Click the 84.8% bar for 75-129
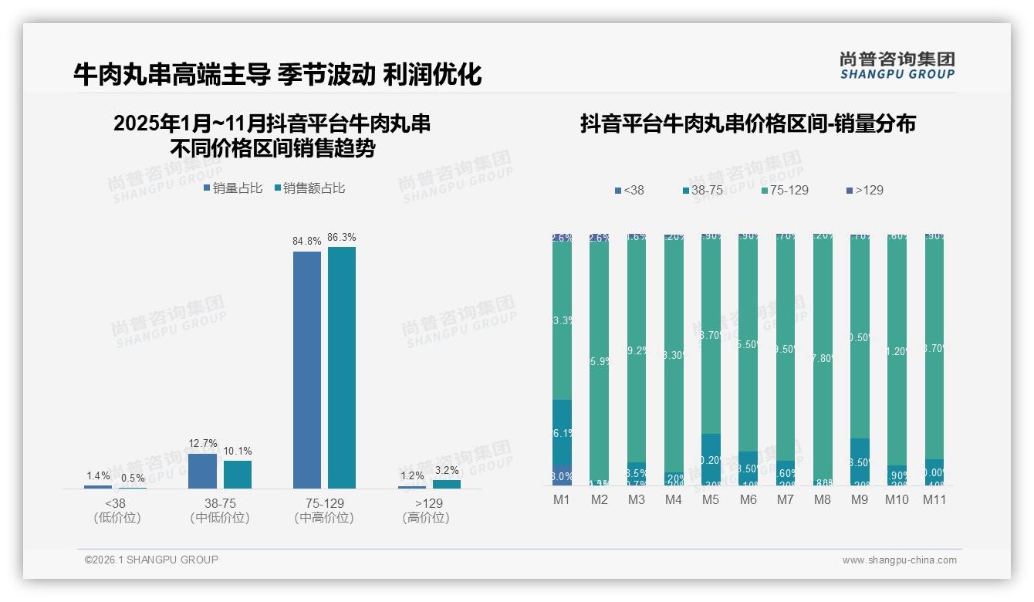click(307, 370)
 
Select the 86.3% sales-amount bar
click(342, 367)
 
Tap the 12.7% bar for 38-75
click(202, 471)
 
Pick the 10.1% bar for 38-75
click(238, 474)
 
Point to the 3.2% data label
click(446, 470)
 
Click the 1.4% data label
click(98, 475)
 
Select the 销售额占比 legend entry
click(309, 188)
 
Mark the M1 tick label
click(562, 499)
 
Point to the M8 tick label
click(822, 499)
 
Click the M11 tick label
click(934, 499)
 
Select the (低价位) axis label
click(116, 518)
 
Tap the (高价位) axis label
click(425, 518)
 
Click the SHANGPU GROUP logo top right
click(897, 66)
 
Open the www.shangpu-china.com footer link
click(899, 560)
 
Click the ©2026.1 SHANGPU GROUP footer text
click(151, 560)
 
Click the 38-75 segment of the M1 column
click(562, 432)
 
